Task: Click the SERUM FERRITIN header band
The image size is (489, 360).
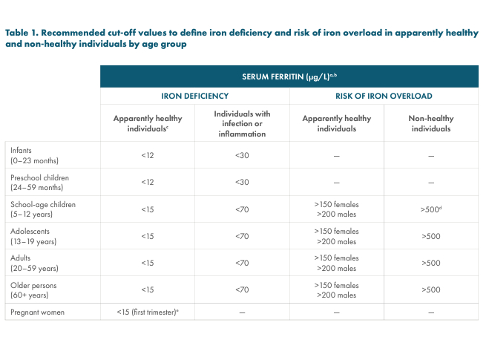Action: tap(289, 76)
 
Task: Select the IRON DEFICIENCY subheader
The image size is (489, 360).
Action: tap(194, 96)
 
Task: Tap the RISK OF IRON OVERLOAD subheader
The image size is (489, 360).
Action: tap(384, 96)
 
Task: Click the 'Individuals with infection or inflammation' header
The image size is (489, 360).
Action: tap(242, 123)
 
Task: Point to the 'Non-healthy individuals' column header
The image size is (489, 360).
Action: tap(430, 123)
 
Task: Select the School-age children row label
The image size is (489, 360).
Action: tap(43, 209)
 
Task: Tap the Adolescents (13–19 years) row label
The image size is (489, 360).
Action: tap(34, 236)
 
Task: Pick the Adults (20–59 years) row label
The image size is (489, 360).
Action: tap(34, 263)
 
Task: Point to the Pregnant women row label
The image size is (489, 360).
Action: tap(37, 312)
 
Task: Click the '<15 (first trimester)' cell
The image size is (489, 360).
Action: tap(148, 312)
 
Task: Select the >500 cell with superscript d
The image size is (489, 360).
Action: tap(431, 209)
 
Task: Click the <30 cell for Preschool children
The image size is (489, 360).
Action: tap(242, 183)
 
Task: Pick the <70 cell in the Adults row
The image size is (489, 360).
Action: tap(242, 263)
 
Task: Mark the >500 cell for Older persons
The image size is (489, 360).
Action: tap(431, 289)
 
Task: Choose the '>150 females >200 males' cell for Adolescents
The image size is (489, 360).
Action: tap(336, 236)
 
